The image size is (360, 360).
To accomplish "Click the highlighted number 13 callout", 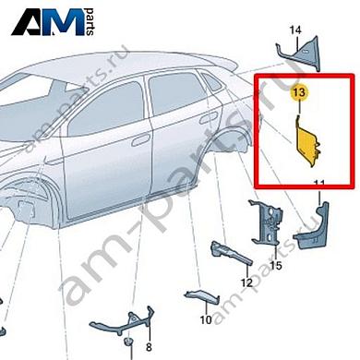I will pyautogui.click(x=297, y=93).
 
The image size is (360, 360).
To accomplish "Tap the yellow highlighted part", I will pyautogui.click(x=307, y=142).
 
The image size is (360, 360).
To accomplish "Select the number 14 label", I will pyautogui.click(x=295, y=30).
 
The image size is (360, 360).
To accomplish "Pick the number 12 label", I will pyautogui.click(x=247, y=282).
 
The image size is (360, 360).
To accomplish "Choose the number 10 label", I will pyautogui.click(x=206, y=319).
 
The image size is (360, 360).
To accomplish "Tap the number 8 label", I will pyautogui.click(x=146, y=347).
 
